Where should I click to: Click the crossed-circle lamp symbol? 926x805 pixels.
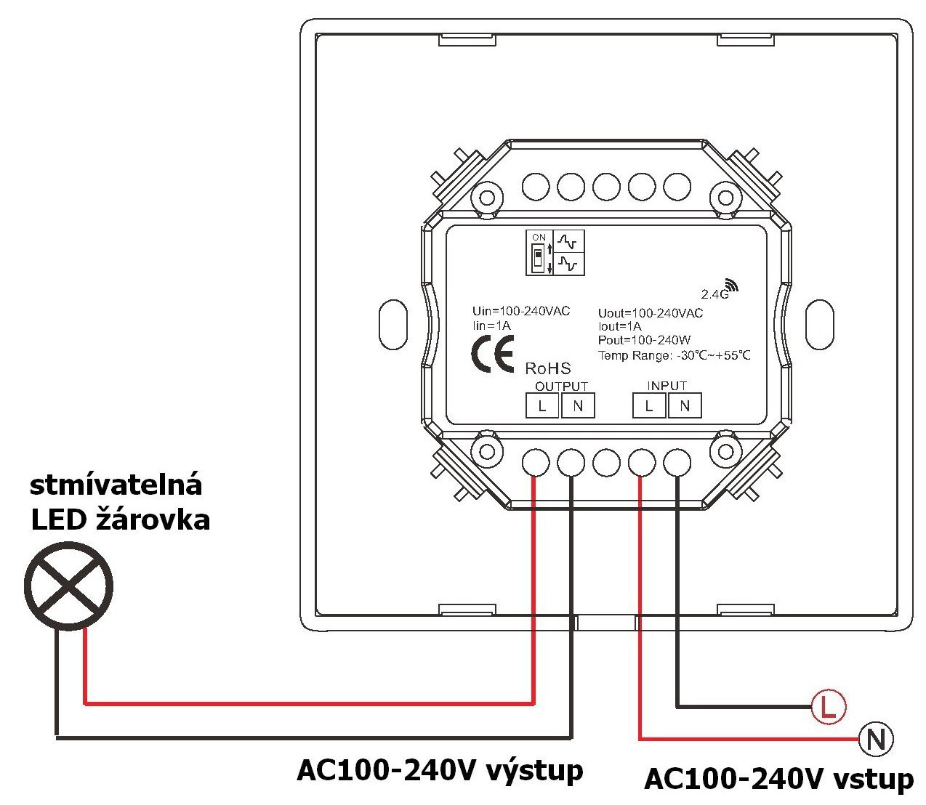68,584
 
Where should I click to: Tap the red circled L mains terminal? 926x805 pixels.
828,705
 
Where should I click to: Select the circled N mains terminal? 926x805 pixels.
876,740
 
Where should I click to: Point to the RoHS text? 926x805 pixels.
548,369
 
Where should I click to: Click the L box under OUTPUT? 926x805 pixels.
542,405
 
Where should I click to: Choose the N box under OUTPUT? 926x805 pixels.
578,405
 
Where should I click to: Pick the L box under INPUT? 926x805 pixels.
649,405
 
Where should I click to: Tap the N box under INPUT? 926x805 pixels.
685,405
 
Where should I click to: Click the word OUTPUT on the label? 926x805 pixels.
561,387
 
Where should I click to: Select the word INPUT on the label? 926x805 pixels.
667,386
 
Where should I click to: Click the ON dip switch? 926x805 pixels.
538,257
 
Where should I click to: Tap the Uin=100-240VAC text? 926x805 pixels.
521,311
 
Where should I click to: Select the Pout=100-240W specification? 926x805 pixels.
644,340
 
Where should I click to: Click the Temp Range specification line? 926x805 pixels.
674,355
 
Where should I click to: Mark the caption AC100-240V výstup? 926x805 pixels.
440,770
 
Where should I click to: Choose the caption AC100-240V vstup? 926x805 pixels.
778,779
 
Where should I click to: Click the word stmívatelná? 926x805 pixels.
116,485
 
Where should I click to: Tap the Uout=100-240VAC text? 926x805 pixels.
651,313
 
